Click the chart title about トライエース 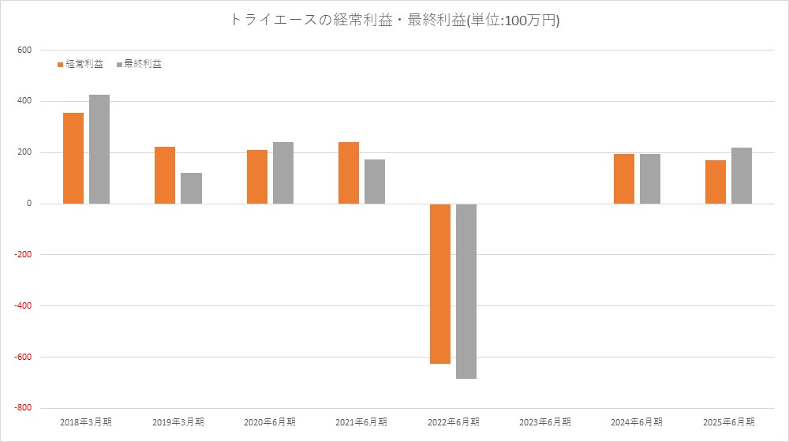pyautogui.click(x=394, y=21)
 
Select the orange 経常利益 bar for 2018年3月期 pyautogui.click(x=73, y=158)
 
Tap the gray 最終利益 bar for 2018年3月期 pyautogui.click(x=99, y=149)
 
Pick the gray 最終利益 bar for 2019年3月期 pyautogui.click(x=191, y=188)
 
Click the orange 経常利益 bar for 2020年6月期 pyautogui.click(x=257, y=177)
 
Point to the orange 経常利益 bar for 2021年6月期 pyautogui.click(x=349, y=173)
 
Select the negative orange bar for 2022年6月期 pyautogui.click(x=440, y=283)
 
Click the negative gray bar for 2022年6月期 pyautogui.click(x=466, y=291)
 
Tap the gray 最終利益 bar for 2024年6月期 pyautogui.click(x=650, y=178)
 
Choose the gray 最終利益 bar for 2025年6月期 pyautogui.click(x=742, y=175)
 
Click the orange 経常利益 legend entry pyautogui.click(x=80, y=64)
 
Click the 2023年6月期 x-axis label pyautogui.click(x=545, y=422)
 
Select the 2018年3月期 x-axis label pyautogui.click(x=86, y=422)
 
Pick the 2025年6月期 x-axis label pyautogui.click(x=729, y=422)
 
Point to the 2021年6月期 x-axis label pyautogui.click(x=361, y=422)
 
